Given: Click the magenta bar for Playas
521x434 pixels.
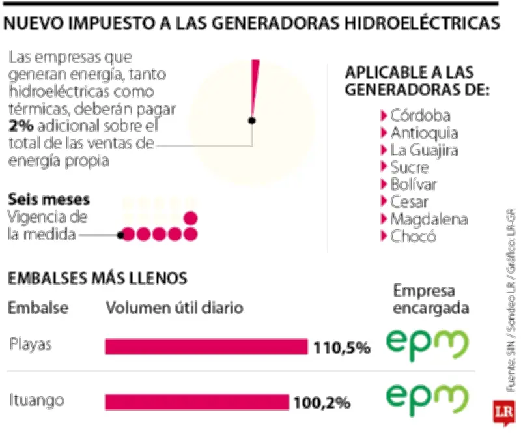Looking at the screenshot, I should point(206,347).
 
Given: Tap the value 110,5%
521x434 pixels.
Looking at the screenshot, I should point(342,347).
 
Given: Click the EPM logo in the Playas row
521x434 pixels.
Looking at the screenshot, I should point(427,344).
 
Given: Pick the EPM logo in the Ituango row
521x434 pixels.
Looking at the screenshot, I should point(427,398).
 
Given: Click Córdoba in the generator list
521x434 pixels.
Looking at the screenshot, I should point(420,116).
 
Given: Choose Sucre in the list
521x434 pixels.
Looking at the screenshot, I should point(410,167).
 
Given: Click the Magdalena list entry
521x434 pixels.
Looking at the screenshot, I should point(429,219).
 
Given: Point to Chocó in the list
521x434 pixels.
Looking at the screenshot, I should point(413,236).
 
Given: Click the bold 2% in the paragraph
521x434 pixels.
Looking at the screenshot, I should point(21,126).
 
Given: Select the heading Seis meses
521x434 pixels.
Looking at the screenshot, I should point(49,199).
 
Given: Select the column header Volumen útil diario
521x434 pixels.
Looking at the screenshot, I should point(175,308).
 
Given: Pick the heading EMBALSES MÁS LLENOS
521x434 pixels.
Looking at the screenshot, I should point(98,278).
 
